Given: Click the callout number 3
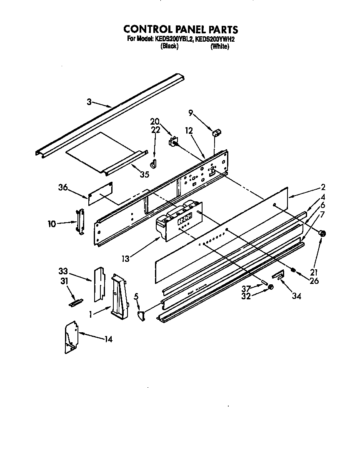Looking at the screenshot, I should [x=89, y=101].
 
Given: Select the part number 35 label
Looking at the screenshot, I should [x=144, y=174].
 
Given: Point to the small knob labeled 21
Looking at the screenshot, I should [x=322, y=234].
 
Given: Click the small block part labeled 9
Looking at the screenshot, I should [x=217, y=133].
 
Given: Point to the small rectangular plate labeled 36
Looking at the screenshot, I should [x=101, y=193].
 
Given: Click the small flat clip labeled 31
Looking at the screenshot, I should [x=75, y=302].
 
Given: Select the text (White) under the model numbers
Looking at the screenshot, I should [x=219, y=46].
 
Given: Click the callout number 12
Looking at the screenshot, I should [x=189, y=131].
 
